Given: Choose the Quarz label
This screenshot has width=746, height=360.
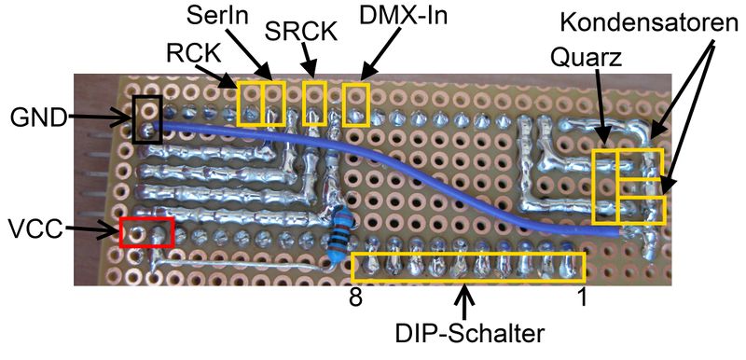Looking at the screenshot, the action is [x=584, y=58].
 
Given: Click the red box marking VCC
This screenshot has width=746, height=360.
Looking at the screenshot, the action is [x=146, y=231].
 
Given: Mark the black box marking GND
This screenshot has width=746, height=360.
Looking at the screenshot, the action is [x=146, y=118].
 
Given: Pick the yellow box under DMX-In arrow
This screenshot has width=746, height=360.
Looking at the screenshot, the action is [x=355, y=104].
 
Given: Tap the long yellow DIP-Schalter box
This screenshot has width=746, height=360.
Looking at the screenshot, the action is [x=469, y=268].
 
